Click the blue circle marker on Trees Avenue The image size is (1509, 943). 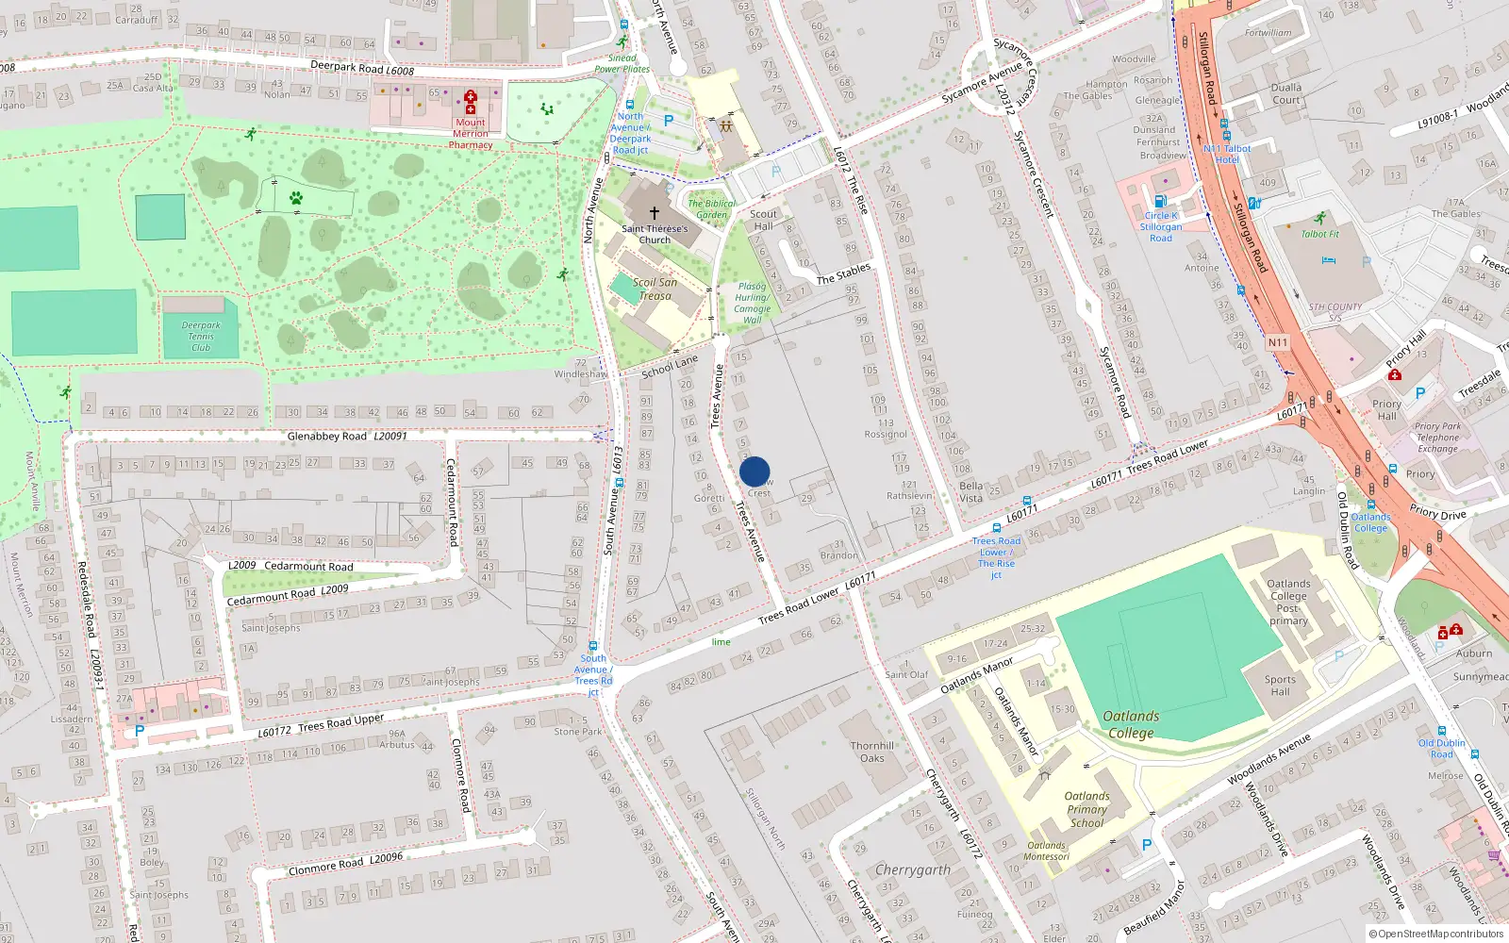coord(754,471)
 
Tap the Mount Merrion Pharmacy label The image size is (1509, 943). coord(471,134)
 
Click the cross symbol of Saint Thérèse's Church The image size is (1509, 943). coord(654,213)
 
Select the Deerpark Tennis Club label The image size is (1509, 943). coord(201,337)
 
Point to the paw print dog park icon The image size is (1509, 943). coord(296,198)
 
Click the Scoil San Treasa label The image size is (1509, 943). coord(655,289)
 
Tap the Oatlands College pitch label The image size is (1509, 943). coord(1131,724)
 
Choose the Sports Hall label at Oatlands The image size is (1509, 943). coord(1280,686)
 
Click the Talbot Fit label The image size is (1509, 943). coord(1319,234)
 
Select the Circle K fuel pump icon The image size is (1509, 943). coord(1160,201)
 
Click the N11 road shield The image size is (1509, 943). coord(1278,342)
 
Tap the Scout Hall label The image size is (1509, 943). coord(763,220)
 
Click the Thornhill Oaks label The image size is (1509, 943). coord(872,752)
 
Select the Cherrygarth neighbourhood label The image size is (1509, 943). coord(912,869)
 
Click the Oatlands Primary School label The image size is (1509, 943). coord(1086,809)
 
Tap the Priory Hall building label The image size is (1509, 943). coord(1386,409)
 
